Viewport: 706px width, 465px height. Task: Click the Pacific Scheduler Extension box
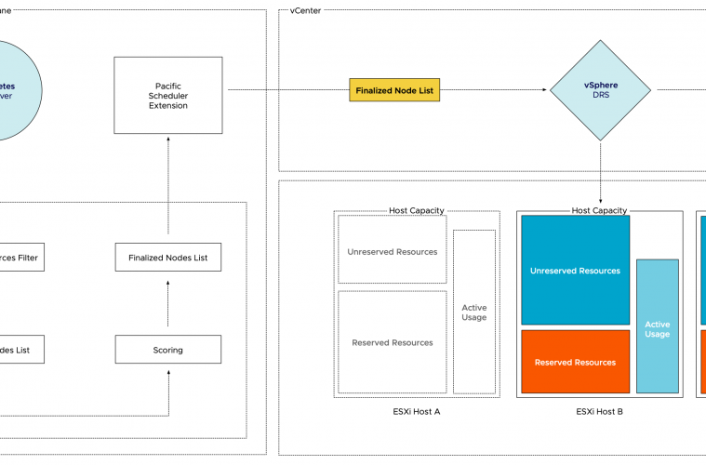(x=168, y=95)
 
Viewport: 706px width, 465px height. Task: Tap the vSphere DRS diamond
(x=600, y=91)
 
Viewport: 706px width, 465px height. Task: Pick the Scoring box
(x=168, y=350)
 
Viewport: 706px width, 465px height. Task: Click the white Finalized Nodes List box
(x=168, y=258)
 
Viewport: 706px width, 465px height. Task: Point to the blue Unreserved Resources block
(x=575, y=271)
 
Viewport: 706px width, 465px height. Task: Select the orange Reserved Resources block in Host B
(x=575, y=362)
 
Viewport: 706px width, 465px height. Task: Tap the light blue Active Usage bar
(x=657, y=327)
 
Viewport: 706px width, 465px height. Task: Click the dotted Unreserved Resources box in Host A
(x=392, y=250)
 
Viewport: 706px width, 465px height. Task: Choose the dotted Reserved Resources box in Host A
(x=392, y=342)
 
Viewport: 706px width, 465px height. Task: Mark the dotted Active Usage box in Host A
(x=473, y=312)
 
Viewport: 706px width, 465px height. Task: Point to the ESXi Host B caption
(x=599, y=411)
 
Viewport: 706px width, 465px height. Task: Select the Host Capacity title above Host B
(x=599, y=211)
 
